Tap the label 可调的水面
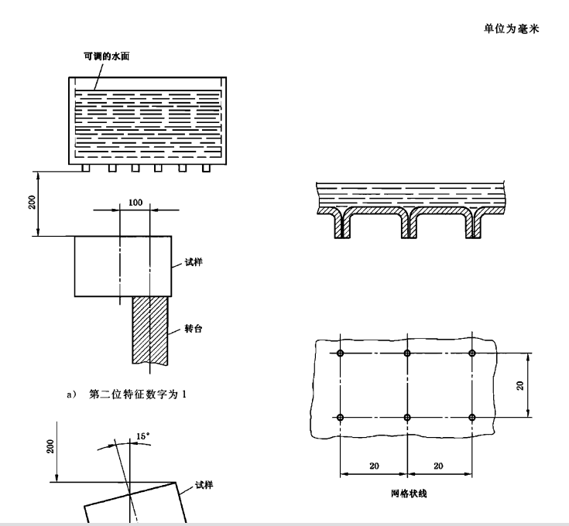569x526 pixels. point(106,57)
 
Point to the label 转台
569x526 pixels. point(194,327)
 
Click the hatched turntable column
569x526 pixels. point(149,333)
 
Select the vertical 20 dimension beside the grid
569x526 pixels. point(522,385)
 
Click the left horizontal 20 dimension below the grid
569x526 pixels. point(374,466)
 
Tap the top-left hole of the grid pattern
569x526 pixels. point(341,353)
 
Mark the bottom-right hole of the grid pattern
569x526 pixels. point(472,418)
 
